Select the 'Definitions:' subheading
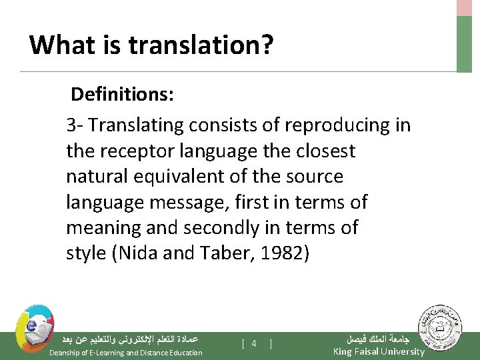pos(123,94)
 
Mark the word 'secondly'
pos(217,227)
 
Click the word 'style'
pos(85,254)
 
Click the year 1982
pos(284,254)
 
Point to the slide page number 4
pos(254,343)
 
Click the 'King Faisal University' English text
pos(378,351)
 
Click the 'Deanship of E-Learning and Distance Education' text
pos(126,353)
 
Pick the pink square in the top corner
pos(464,7)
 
